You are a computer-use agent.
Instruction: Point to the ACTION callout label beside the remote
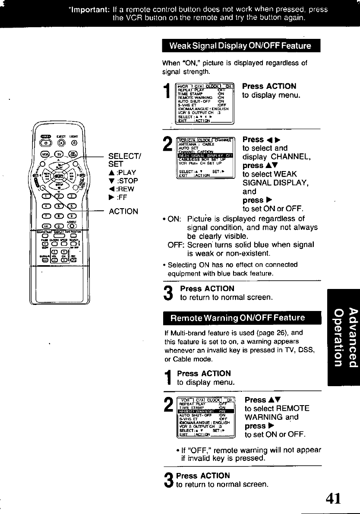click(x=123, y=211)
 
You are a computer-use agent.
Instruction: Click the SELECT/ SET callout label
click(x=123, y=160)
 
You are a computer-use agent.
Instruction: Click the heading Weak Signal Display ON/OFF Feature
click(x=240, y=46)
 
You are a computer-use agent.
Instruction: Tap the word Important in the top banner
click(x=88, y=10)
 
